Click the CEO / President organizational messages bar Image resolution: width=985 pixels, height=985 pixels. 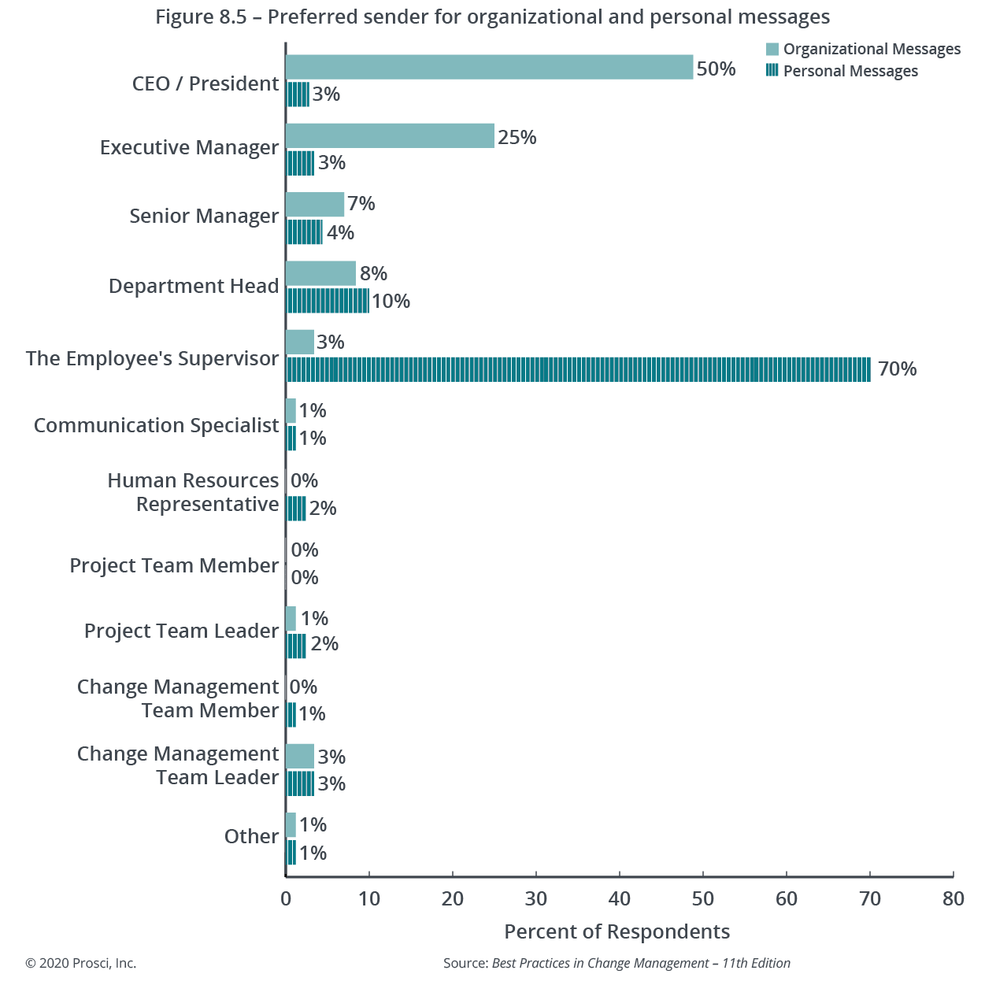(x=489, y=67)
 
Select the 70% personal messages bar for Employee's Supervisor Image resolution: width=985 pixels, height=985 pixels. (x=578, y=368)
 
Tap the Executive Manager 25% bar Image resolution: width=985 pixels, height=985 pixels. (x=390, y=135)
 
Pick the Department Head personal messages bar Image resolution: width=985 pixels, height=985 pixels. (x=327, y=301)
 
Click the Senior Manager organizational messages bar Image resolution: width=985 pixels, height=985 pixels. (x=315, y=205)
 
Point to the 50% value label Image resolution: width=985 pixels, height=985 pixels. (x=716, y=69)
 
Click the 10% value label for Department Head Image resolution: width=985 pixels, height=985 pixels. (x=391, y=301)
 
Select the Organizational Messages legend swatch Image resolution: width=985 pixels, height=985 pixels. (x=772, y=49)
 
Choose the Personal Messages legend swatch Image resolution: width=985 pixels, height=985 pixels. (x=772, y=71)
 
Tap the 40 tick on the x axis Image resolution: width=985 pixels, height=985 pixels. (x=620, y=898)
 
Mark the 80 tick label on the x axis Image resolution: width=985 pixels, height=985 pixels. (x=953, y=898)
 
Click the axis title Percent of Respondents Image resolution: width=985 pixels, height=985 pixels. (x=617, y=931)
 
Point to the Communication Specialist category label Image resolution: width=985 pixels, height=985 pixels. (x=156, y=425)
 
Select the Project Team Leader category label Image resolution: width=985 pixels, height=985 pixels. (x=181, y=631)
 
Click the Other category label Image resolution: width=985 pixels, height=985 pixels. (x=251, y=836)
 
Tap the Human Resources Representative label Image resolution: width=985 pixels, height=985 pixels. (x=193, y=492)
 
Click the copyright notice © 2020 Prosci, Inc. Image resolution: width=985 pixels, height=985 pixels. (x=80, y=963)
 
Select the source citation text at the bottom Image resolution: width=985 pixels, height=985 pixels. (x=617, y=963)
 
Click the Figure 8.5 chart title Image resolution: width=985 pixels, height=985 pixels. (x=492, y=17)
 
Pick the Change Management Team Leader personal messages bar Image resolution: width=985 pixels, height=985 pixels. (x=300, y=783)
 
